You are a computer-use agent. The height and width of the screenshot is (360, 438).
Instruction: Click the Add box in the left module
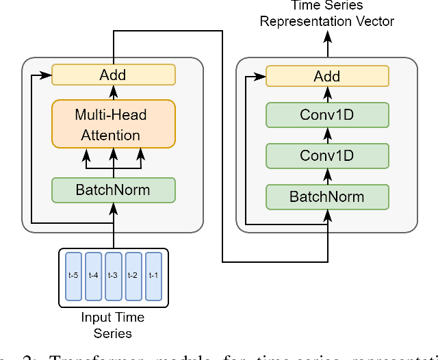pos(114,75)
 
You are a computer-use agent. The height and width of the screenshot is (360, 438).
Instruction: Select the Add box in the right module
pos(326,76)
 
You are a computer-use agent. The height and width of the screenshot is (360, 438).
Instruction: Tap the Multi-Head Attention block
pos(114,125)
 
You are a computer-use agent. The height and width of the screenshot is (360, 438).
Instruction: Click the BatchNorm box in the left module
pos(114,190)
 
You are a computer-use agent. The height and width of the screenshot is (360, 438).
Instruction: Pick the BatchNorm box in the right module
pos(326,197)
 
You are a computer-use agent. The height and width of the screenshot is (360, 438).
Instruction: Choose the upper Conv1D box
pos(326,114)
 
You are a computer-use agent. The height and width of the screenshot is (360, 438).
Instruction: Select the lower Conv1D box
pos(326,155)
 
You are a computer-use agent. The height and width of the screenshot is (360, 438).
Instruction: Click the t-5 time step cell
pos(73,276)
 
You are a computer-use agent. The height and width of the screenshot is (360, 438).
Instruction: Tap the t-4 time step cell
pos(93,276)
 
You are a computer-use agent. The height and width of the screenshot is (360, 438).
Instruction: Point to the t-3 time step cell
pos(113,276)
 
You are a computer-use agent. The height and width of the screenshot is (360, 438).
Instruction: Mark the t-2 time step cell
pos(133,276)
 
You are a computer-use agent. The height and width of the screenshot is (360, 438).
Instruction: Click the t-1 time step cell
pos(153,276)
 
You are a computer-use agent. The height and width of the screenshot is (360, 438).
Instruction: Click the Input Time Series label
pos(113,325)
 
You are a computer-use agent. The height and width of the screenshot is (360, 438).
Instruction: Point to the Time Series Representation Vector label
pos(326,14)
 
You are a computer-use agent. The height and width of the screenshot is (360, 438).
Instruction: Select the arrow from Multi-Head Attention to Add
pos(114,92)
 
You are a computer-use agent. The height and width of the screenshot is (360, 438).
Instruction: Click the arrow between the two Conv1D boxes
pos(326,135)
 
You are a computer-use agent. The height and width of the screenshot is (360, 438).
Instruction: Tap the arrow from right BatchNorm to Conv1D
pos(326,176)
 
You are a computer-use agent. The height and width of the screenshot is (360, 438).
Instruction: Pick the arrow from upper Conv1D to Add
pos(326,94)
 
